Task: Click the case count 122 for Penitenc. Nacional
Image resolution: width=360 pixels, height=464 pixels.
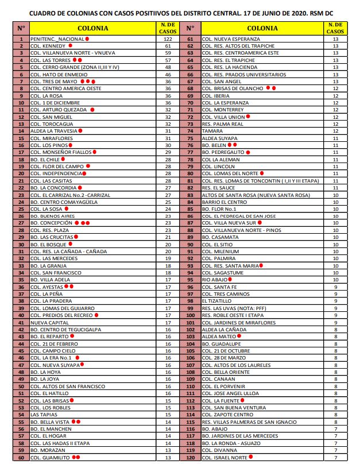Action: (168, 39)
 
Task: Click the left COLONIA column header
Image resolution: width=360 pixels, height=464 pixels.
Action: (91, 28)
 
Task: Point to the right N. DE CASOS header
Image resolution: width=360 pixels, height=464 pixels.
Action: (335, 28)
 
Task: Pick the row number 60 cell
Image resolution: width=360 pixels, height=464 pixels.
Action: (21, 457)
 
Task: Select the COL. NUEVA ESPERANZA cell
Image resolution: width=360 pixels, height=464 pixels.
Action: (230, 39)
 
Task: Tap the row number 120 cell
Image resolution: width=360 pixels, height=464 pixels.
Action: (190, 457)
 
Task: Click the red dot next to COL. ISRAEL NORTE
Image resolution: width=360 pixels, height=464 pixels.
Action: (250, 457)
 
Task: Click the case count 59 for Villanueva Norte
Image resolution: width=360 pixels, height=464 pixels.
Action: (168, 53)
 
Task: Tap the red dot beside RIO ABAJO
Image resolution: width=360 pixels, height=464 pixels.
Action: (230, 280)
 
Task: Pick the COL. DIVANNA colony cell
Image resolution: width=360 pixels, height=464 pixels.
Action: (220, 450)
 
